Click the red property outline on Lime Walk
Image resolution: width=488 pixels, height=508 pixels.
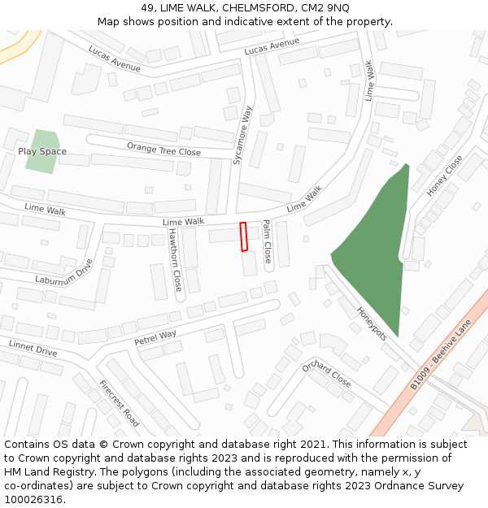[243, 237]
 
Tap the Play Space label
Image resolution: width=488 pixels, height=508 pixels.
[42, 152]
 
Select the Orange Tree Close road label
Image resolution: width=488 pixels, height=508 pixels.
[163, 149]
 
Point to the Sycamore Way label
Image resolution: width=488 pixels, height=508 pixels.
[243, 135]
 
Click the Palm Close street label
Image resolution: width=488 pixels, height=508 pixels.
[266, 241]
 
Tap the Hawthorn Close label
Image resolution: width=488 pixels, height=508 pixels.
[174, 259]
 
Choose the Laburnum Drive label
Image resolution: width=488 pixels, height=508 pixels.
[64, 273]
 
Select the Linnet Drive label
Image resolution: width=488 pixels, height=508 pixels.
[33, 348]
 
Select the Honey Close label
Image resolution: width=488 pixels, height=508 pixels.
[444, 176]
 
